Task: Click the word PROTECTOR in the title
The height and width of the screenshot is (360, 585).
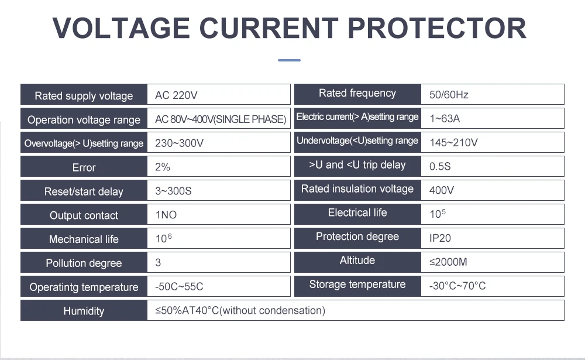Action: tap(437, 28)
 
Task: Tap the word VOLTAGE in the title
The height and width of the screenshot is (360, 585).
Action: tap(121, 28)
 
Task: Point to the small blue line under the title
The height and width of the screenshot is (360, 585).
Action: tap(289, 60)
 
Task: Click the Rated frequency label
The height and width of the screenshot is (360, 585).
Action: tap(357, 93)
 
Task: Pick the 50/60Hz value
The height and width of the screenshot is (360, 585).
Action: tap(449, 94)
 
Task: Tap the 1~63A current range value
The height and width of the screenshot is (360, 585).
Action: tap(445, 118)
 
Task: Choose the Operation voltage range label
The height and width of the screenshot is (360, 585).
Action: tap(84, 120)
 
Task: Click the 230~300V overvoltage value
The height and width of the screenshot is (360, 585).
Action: tap(179, 143)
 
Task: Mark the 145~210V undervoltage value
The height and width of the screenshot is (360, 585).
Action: tap(454, 142)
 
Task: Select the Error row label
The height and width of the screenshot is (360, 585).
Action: tap(84, 167)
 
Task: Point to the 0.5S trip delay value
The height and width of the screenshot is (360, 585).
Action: tap(440, 166)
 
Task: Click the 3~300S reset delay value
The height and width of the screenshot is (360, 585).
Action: tap(173, 191)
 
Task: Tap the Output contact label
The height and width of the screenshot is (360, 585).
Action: tap(84, 215)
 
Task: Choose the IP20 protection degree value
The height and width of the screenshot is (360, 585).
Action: tap(440, 238)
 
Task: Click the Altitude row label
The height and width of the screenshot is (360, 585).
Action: tap(357, 260)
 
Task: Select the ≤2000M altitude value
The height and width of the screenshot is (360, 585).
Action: tap(448, 262)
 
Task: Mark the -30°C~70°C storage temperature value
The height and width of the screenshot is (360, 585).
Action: tap(457, 286)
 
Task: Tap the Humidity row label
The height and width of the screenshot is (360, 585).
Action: tap(84, 311)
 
